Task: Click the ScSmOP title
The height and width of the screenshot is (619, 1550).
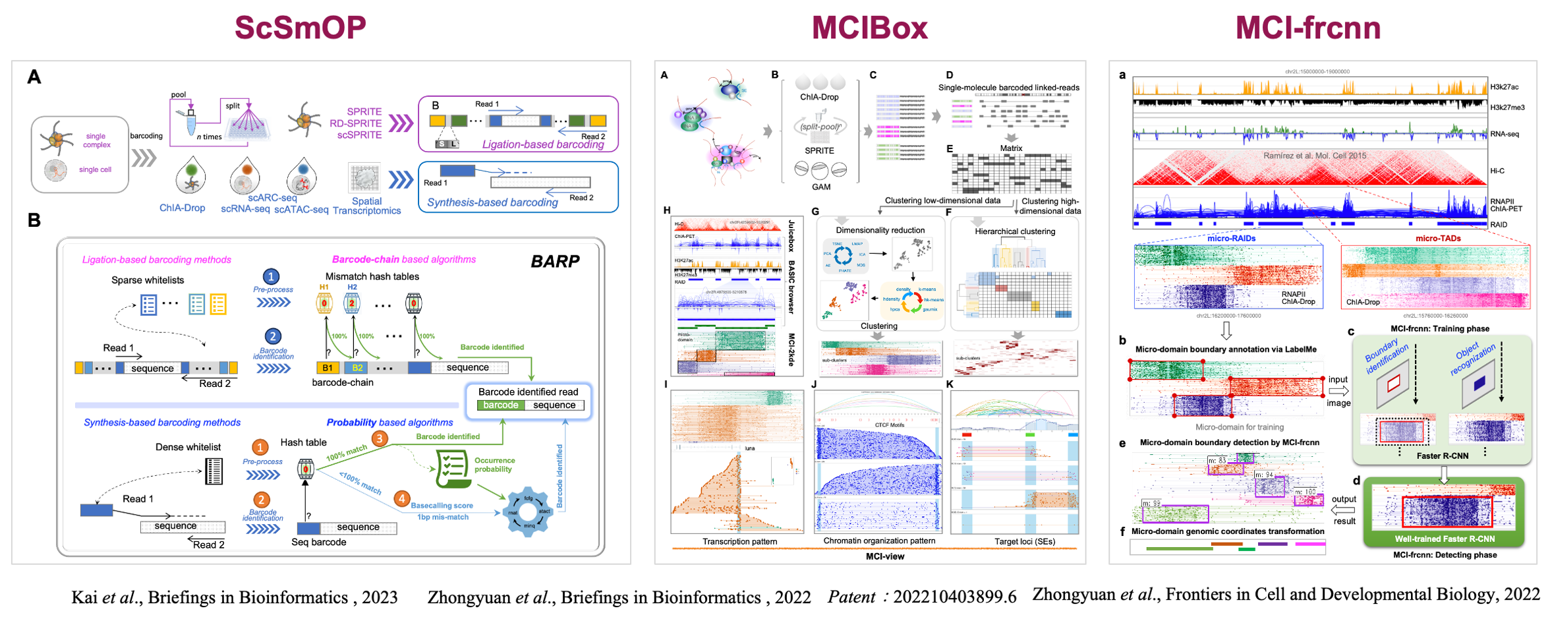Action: [x=300, y=28]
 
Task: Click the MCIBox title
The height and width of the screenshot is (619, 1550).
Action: [x=869, y=28]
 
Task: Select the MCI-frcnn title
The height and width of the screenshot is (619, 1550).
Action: [x=1307, y=28]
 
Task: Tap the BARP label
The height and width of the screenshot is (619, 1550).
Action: [x=555, y=262]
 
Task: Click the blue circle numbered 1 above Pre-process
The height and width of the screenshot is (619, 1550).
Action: [x=270, y=277]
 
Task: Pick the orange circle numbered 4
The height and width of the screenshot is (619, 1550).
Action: [x=401, y=498]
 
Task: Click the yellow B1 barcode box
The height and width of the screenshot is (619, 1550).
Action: [x=327, y=368]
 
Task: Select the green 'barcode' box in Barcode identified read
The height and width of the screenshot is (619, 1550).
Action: [x=501, y=405]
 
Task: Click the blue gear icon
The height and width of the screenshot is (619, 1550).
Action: [x=528, y=511]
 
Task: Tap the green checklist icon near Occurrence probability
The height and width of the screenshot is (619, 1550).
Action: [x=453, y=467]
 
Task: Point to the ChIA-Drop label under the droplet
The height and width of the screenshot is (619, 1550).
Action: [x=182, y=208]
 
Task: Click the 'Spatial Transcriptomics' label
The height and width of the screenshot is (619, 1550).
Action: [x=366, y=206]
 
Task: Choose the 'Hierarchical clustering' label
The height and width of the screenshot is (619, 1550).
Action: [x=1015, y=231]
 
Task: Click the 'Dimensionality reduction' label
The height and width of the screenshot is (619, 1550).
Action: [x=880, y=230]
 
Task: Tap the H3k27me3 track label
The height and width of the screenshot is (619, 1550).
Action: [x=1507, y=107]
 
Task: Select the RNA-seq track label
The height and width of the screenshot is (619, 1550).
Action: [x=1505, y=134]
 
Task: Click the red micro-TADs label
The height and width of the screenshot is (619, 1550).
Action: [x=1438, y=239]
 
